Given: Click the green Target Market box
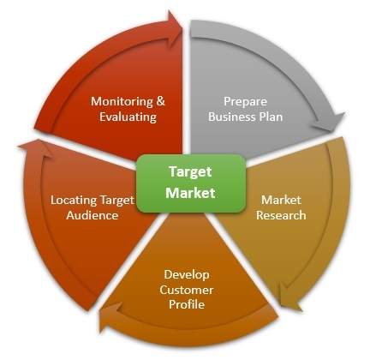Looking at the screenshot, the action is coord(191,183).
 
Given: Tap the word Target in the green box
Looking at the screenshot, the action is coord(190,172).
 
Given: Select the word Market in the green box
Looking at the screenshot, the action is coord(190,193).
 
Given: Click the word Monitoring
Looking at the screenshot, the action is coord(122,102).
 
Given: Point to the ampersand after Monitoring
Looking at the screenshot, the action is coord(161,101).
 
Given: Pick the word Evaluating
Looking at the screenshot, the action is coord(128,117).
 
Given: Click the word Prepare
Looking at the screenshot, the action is coord(245,102).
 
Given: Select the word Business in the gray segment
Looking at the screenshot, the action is coord(232,117).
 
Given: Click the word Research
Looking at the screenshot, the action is coord(281,215).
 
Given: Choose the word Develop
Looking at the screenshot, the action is coord(187,275).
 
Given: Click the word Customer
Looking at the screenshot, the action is coord(187,290).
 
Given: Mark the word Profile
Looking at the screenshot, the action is coord(187,304).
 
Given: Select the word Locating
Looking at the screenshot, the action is coord(74,201).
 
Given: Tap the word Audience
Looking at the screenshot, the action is coord(93,215).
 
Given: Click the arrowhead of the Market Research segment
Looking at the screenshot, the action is coord(289,297).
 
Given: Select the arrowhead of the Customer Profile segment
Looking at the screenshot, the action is coord(110,316).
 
